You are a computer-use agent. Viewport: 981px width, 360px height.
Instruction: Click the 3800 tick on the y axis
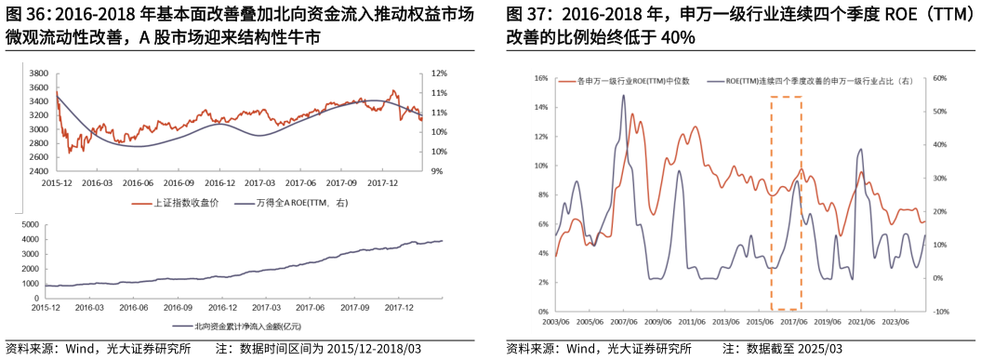pos(39,73)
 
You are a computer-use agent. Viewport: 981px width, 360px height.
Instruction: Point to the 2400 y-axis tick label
pos(39,171)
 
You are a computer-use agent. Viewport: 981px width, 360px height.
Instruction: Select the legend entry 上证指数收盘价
pos(191,202)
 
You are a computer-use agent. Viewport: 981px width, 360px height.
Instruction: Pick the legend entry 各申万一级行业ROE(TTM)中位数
pos(633,82)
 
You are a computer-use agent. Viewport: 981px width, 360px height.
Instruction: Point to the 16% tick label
pos(541,78)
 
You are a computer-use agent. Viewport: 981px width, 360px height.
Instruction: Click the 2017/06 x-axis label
pos(790,322)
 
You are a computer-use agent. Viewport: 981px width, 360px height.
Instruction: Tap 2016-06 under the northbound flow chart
pos(134,306)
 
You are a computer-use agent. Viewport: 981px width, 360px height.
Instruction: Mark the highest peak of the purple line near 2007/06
pos(623,95)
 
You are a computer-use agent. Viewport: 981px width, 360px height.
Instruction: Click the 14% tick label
pos(541,108)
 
